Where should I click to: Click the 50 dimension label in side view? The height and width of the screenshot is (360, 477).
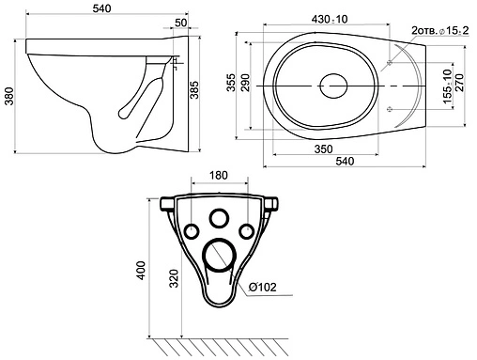(180, 23)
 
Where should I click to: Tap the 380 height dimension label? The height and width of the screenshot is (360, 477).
(9, 96)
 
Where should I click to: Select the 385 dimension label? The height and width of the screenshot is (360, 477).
(194, 90)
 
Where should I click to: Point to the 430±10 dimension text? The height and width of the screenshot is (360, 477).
(330, 19)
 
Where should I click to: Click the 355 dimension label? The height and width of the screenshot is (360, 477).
(231, 83)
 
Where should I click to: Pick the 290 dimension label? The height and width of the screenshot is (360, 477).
(245, 83)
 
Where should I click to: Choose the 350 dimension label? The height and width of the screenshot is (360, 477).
(323, 149)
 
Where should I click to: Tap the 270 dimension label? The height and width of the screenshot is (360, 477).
(459, 83)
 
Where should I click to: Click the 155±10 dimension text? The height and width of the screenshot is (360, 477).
(448, 86)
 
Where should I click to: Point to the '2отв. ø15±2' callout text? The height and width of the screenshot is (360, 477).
(440, 31)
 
